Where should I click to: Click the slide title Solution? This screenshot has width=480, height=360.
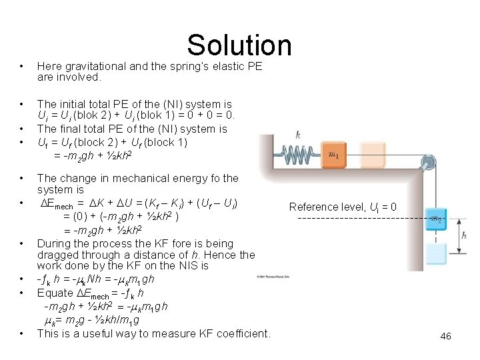tap(239, 45)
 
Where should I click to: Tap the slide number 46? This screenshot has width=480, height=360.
tap(445, 337)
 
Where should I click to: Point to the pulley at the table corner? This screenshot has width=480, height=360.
tap(431, 162)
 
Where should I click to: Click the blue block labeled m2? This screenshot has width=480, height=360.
tap(436, 218)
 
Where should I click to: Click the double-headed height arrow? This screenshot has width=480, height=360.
tap(456, 235)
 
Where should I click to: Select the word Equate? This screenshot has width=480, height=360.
tap(55, 293)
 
